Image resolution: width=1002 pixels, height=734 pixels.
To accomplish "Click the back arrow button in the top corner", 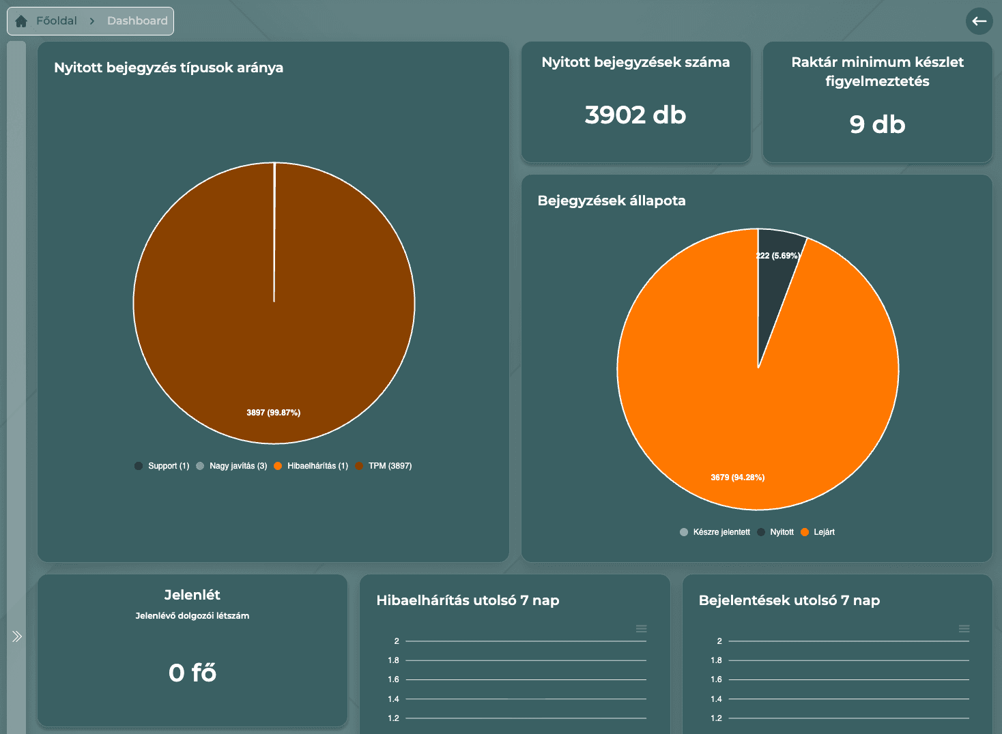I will click(979, 21).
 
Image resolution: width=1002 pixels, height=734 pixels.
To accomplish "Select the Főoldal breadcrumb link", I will click(56, 21).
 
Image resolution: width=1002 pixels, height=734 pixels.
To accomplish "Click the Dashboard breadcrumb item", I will click(137, 21).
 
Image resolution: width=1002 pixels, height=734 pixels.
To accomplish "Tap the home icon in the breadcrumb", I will click(21, 21).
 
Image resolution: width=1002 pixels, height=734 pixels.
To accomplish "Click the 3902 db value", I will click(635, 115).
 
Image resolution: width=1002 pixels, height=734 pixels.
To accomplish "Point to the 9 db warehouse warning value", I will click(877, 125).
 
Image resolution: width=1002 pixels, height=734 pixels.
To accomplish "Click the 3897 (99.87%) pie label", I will click(273, 413).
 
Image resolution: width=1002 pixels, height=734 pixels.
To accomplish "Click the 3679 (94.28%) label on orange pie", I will click(737, 478).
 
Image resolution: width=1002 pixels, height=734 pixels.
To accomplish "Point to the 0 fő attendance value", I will click(192, 673).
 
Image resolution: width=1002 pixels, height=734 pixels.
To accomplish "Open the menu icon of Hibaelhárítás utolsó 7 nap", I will click(641, 628).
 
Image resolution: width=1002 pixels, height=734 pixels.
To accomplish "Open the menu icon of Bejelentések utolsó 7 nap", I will click(964, 628).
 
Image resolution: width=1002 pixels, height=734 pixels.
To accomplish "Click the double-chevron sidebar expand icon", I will click(17, 636).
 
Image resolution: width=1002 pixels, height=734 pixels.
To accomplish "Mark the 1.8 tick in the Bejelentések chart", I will click(716, 660).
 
